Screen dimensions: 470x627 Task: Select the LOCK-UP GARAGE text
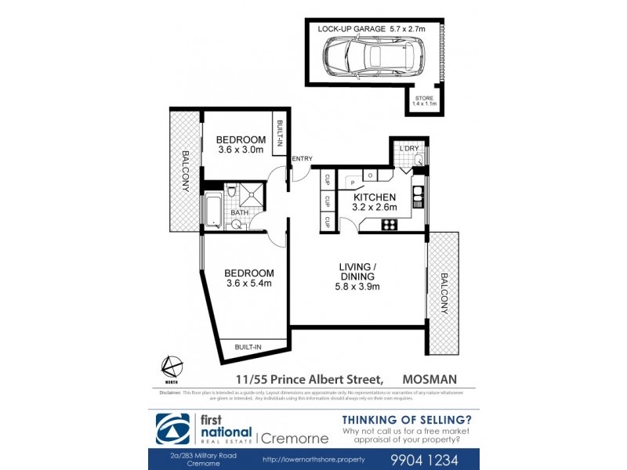pyautogui.click(x=352, y=28)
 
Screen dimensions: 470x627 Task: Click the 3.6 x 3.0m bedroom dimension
pyautogui.click(x=241, y=150)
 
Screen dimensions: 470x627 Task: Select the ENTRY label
pyautogui.click(x=302, y=159)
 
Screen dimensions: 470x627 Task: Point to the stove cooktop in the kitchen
pyautogui.click(x=389, y=225)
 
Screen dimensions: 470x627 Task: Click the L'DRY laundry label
pyautogui.click(x=409, y=148)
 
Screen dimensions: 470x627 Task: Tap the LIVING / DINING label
pyautogui.click(x=357, y=272)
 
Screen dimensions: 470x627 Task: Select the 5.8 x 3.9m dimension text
pyautogui.click(x=357, y=287)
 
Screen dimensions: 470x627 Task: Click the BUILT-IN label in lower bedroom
pyautogui.click(x=248, y=346)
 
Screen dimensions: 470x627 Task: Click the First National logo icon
pyautogui.click(x=167, y=429)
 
